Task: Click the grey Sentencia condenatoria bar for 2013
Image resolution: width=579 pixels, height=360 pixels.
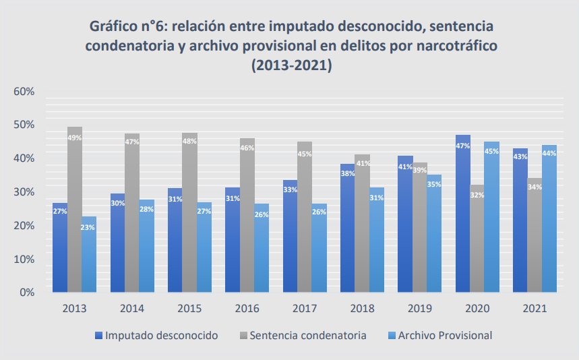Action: (75, 209)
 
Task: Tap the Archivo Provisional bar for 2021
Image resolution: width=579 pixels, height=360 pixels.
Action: (549, 218)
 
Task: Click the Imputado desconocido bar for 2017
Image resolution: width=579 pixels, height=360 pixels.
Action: (291, 236)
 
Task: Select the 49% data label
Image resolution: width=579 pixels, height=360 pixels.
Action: (75, 138)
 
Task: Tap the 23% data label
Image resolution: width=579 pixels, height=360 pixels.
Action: (89, 228)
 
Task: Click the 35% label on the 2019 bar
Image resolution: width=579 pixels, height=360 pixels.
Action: (434, 184)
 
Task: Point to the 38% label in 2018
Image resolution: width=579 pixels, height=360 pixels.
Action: (348, 173)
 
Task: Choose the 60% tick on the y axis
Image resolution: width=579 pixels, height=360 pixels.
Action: (24, 91)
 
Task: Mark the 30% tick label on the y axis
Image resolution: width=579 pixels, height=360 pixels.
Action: (24, 191)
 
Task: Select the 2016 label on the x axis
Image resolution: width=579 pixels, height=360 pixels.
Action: (247, 309)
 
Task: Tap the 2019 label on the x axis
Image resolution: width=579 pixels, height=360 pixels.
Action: (419, 309)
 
